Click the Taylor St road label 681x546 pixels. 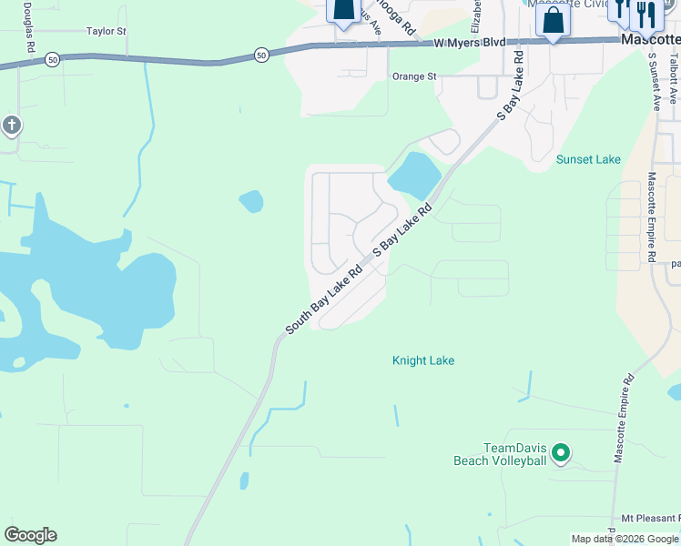point(106,31)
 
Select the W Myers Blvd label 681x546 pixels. point(469,43)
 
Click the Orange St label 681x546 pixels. point(414,76)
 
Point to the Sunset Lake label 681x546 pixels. point(588,159)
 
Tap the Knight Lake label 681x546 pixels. point(423,360)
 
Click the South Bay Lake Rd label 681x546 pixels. point(323,301)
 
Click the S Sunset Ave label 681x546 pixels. point(653,81)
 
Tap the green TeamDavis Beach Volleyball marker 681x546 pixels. point(562,451)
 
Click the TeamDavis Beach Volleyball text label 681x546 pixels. point(500,454)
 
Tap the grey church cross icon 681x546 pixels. point(10,125)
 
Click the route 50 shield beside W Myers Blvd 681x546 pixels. point(261,56)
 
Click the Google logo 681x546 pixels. point(30,535)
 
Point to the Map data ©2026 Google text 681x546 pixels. point(624,539)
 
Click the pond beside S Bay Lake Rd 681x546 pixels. point(415,174)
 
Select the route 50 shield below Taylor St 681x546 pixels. point(53,59)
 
